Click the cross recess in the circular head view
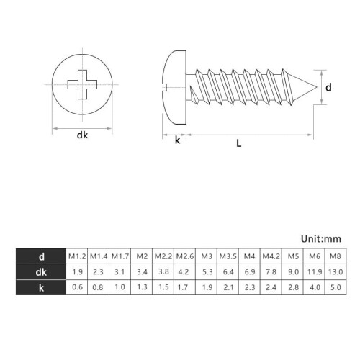click(82, 84)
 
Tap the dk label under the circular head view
click(82, 135)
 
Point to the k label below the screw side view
click(177, 140)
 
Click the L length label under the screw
click(238, 143)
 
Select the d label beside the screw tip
click(328, 87)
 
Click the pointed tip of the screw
click(317, 87)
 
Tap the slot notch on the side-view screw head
click(165, 87)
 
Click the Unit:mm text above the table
click(321, 239)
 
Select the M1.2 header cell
click(77, 256)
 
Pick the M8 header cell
click(336, 256)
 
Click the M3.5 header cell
click(228, 256)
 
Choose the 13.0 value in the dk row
click(336, 272)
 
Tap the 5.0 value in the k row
click(336, 287)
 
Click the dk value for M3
click(207, 272)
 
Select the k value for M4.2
click(271, 287)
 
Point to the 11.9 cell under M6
click(314, 272)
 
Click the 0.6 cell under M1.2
click(77, 287)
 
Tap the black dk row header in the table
click(41, 272)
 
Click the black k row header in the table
click(41, 287)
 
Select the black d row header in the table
click(41, 256)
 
